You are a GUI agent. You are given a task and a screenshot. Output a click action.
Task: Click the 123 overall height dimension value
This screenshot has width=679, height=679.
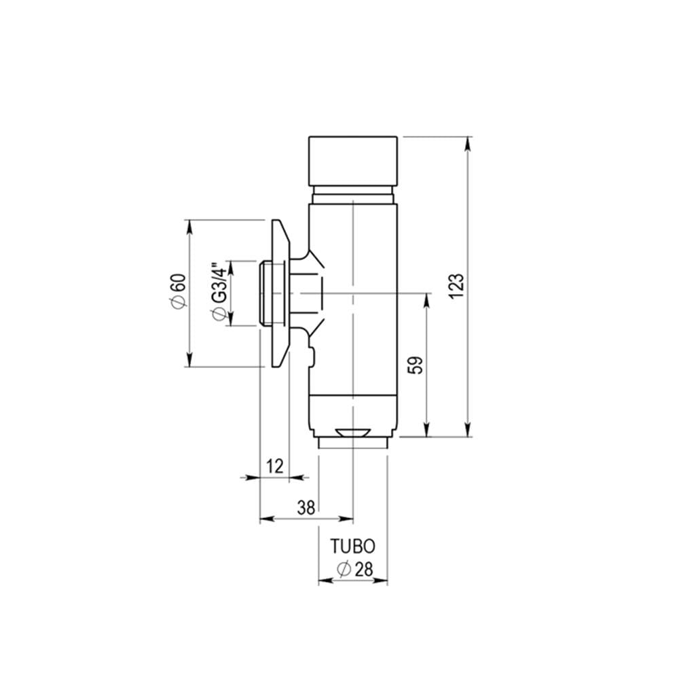456,286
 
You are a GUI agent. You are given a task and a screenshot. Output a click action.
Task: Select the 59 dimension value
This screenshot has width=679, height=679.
416,365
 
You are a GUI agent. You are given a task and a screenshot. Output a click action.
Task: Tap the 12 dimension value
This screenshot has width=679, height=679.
275,466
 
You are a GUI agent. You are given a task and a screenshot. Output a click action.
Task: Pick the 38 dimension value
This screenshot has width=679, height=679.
306,507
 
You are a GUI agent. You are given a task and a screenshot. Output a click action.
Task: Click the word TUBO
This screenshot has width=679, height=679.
353,547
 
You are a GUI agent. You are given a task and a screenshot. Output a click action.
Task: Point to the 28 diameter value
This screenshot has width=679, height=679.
364,570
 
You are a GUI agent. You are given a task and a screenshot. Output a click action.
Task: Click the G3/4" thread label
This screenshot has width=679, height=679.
219,282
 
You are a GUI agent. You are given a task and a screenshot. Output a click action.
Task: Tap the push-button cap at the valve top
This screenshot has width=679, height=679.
353,161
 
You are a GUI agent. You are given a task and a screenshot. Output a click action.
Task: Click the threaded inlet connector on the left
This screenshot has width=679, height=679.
272,293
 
